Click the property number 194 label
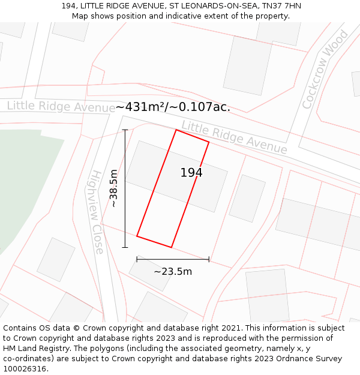tap(191, 173)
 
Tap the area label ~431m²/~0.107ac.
tap(173, 107)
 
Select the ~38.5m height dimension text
tap(113, 188)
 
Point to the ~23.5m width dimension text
tap(173, 271)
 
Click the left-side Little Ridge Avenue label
tap(61, 107)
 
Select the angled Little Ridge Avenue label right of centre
tap(234, 137)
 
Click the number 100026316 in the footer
tap(24, 369)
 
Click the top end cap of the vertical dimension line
tap(125, 130)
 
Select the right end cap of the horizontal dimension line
tap(209, 259)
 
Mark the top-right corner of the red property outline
tap(209, 142)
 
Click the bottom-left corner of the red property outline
tap(137, 236)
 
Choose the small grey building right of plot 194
tap(247, 198)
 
